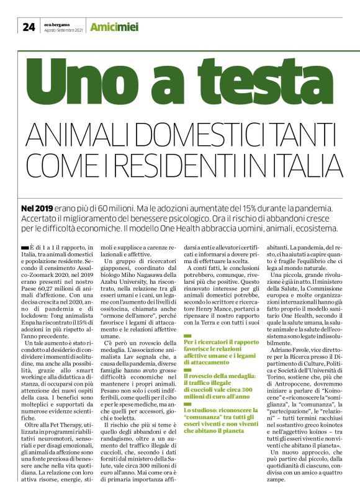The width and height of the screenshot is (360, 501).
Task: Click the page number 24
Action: pos(29,26)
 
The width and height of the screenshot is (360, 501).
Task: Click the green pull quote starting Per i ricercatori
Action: pos(215,351)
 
